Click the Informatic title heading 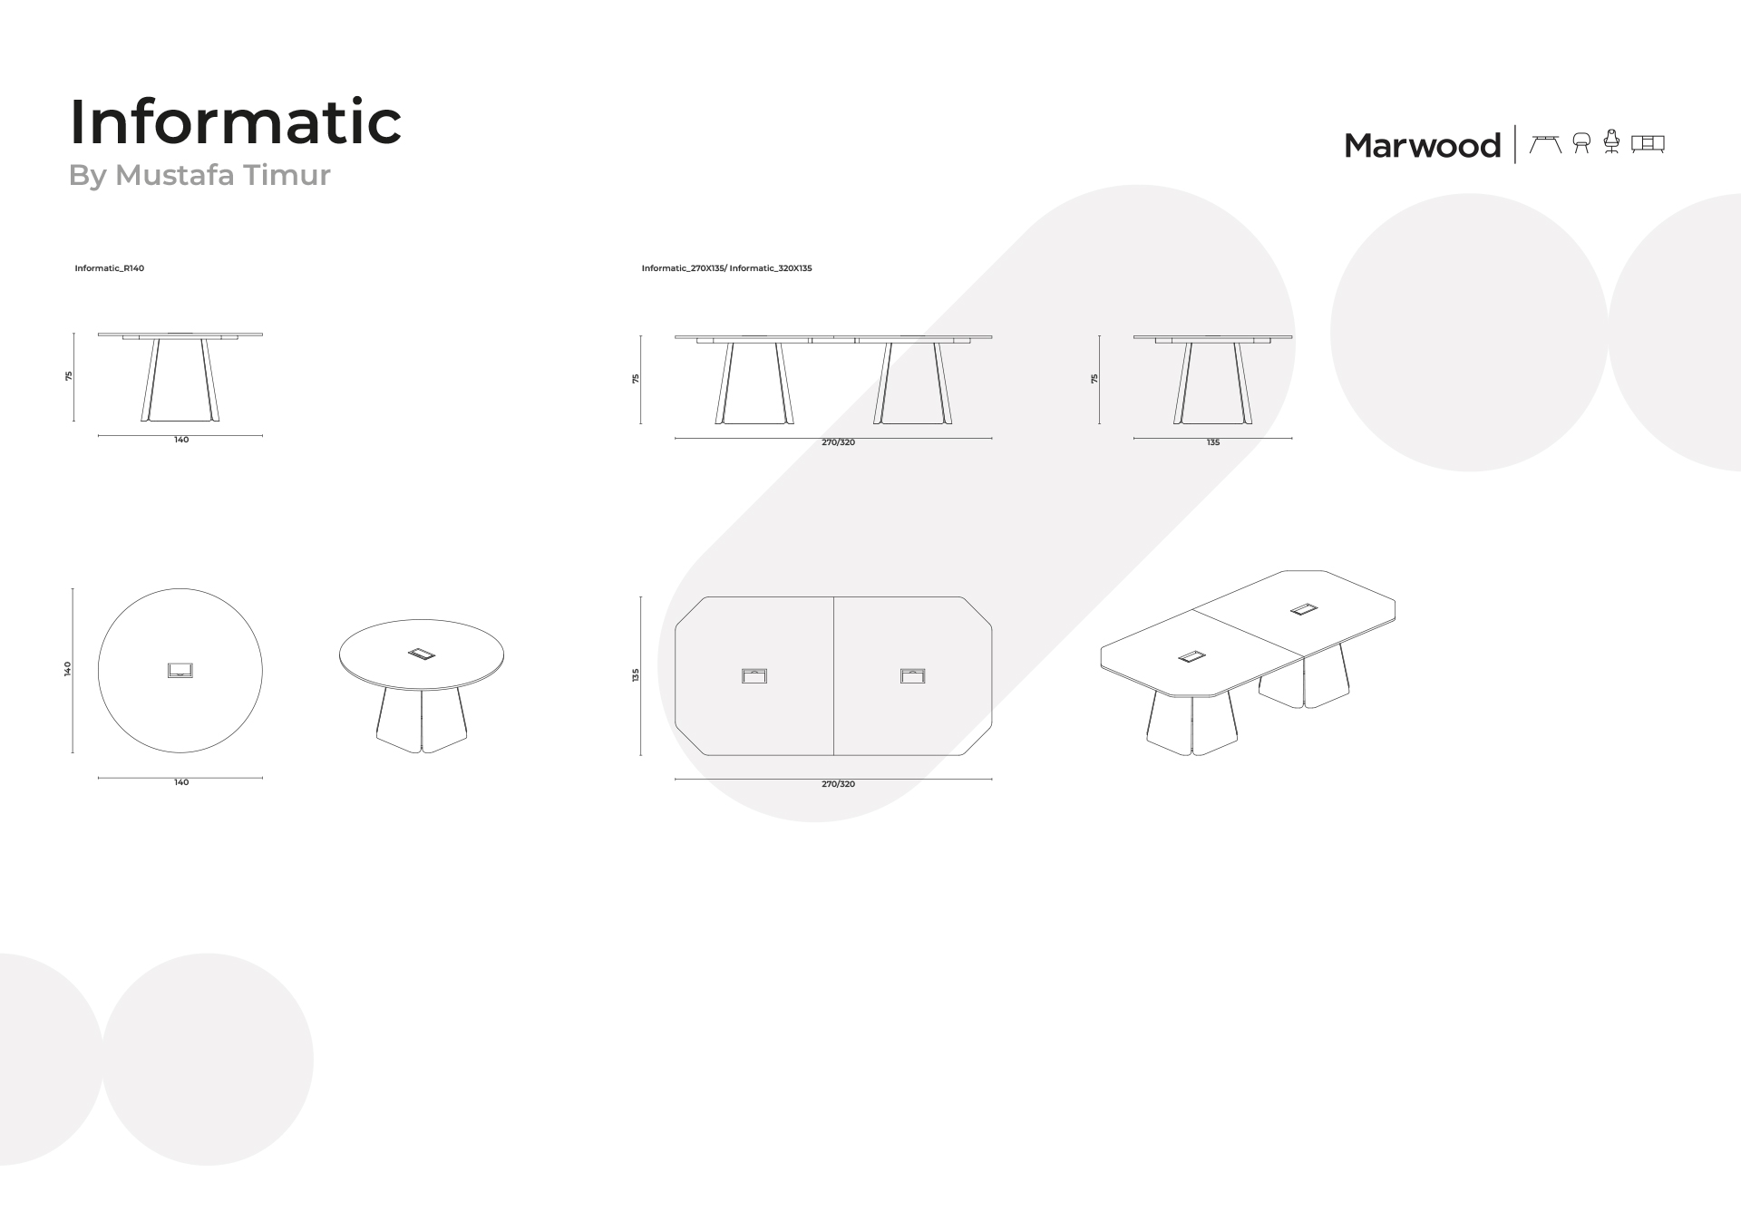236,121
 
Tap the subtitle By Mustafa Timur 199,175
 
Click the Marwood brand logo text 1422,145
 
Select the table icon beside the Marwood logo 1545,144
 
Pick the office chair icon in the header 1611,142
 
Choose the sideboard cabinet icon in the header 1648,144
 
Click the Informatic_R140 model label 110,268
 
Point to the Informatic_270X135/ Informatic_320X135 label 726,268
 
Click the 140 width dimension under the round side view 181,440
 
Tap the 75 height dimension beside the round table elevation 69,376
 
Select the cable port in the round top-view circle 180,671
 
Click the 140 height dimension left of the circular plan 68,669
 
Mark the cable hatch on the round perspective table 422,653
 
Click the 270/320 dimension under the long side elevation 839,442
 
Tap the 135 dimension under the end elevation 1213,442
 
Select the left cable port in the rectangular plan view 754,675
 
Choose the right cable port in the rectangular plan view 913,675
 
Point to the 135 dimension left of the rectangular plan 637,674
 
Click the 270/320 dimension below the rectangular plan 839,784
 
